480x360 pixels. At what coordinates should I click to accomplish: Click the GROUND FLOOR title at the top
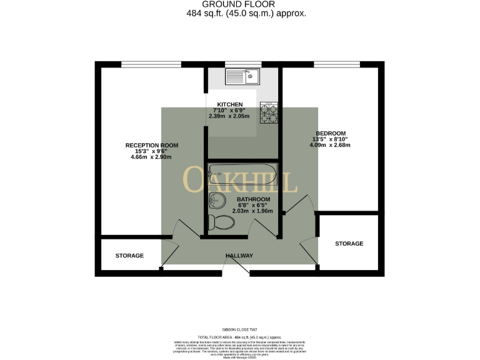coord(239,4)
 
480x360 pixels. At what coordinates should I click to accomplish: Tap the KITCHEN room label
coord(229,104)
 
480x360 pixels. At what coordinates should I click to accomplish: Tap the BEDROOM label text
coord(331,133)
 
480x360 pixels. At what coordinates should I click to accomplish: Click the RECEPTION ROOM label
coord(152,145)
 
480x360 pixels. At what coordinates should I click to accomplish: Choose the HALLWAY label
coord(239,256)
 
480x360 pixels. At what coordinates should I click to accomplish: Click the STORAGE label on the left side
coord(129,256)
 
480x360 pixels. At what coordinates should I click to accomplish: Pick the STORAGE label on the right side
coord(349,243)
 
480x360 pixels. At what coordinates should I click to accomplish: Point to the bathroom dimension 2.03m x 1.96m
coord(252,211)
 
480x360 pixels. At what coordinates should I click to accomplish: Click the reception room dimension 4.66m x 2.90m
coord(152,157)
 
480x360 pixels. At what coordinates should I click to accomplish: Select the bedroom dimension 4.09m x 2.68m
coord(331,145)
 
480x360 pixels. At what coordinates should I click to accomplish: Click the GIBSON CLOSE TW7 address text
coord(239,329)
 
